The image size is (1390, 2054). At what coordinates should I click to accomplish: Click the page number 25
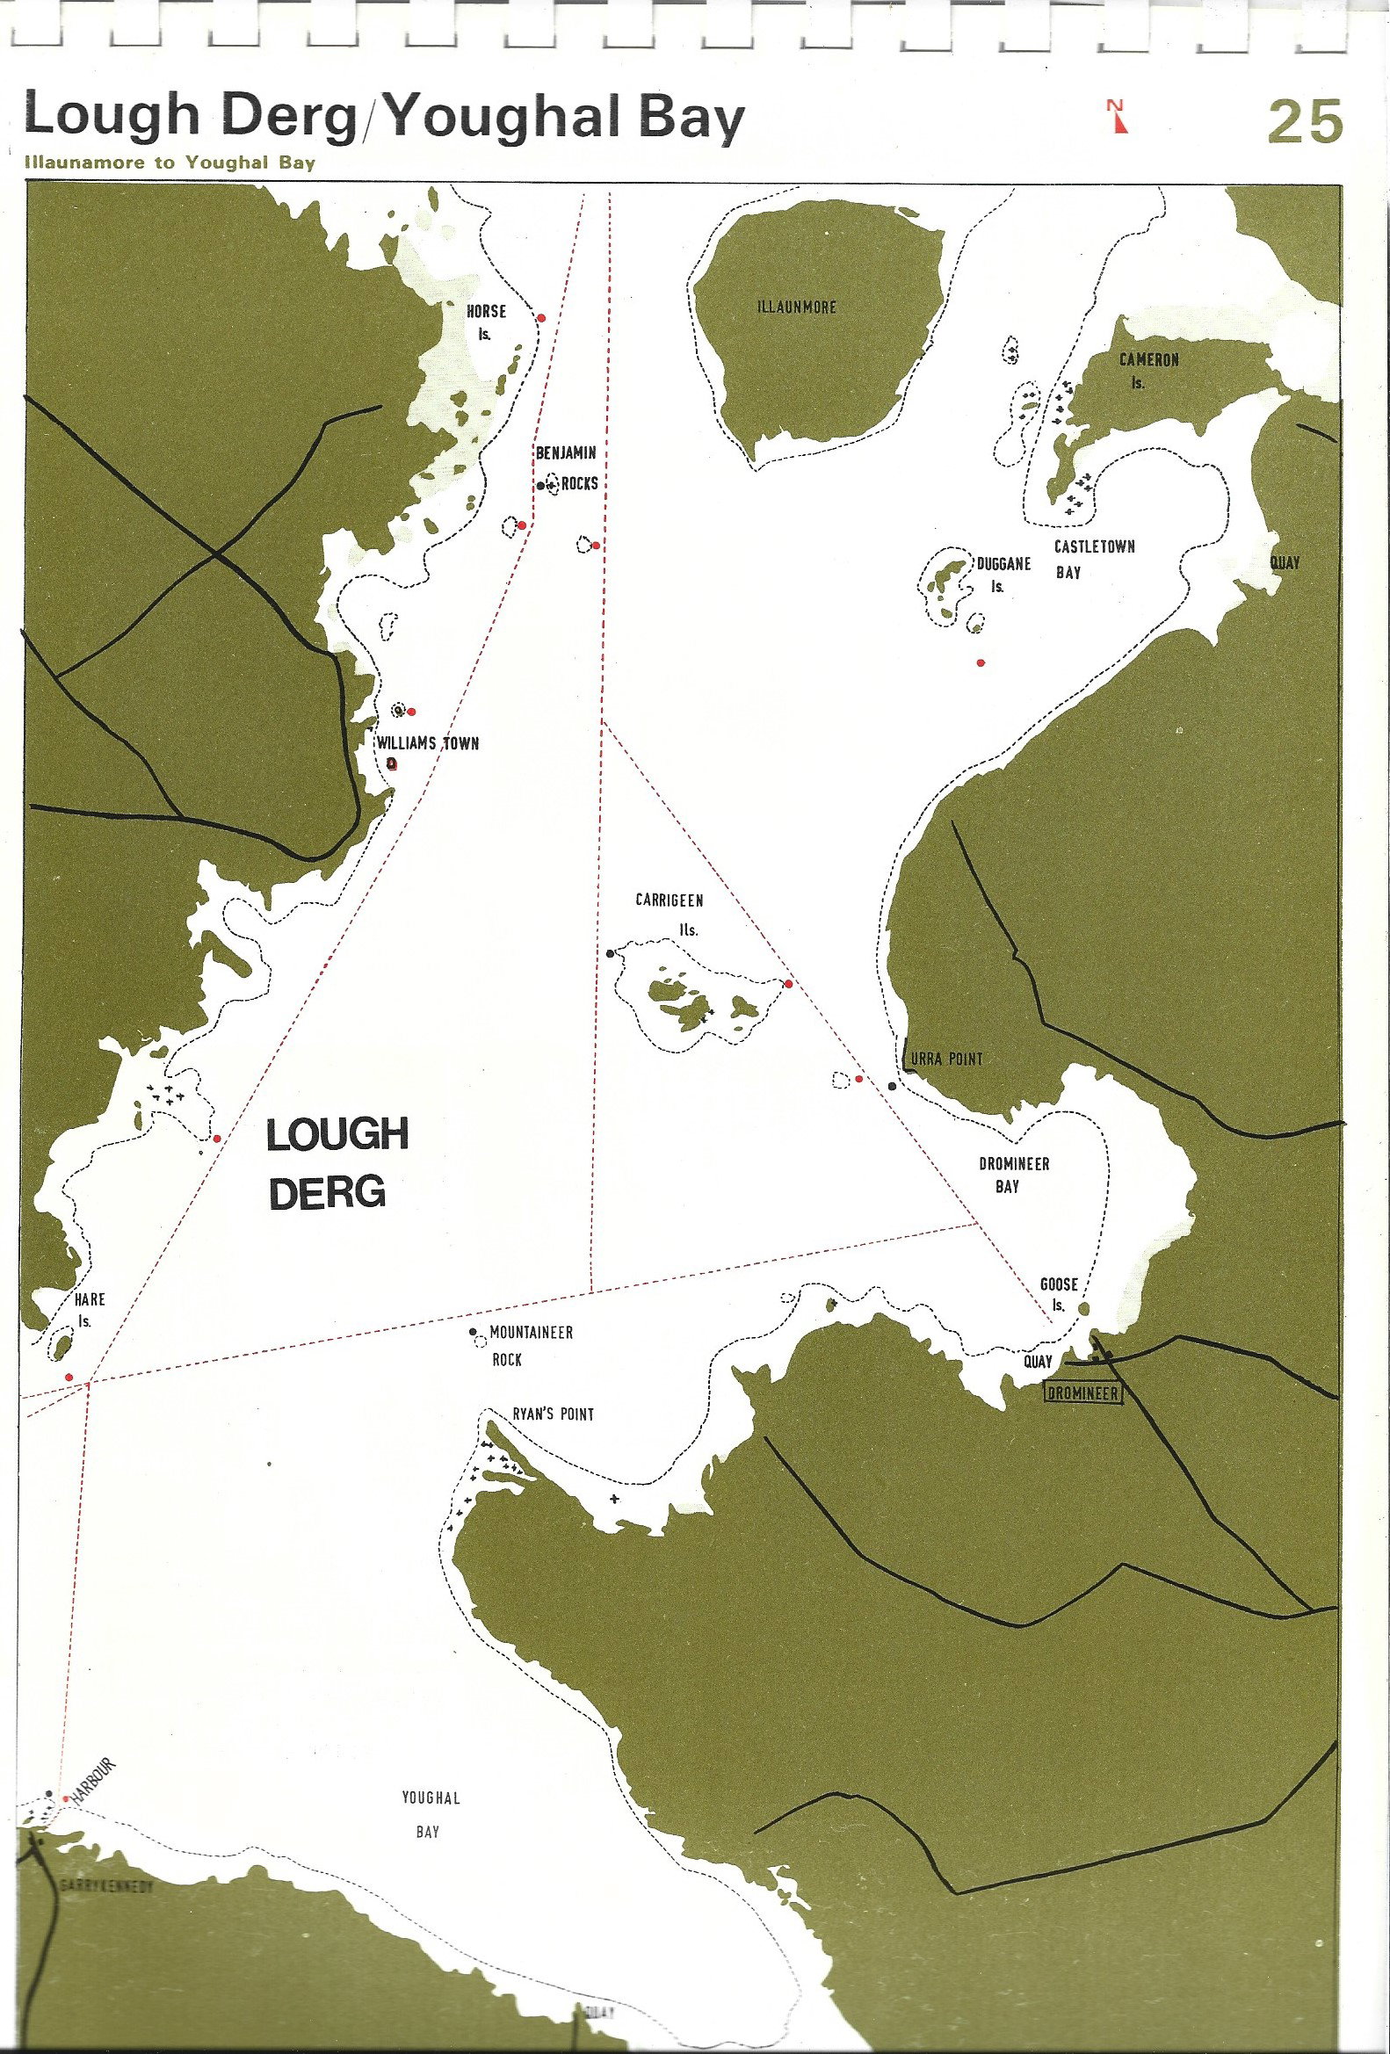[x=1304, y=122]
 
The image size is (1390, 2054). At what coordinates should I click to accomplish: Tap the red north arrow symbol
[x=1118, y=116]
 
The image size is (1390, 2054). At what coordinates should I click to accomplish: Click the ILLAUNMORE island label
[x=796, y=307]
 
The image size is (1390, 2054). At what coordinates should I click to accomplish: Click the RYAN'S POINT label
[x=554, y=1414]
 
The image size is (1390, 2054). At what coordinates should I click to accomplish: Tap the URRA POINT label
[x=945, y=1059]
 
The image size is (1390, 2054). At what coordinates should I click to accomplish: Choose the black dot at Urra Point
[x=893, y=1085]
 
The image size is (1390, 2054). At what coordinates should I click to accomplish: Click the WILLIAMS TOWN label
[x=428, y=743]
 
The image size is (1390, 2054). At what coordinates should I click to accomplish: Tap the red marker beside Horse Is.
[x=542, y=317]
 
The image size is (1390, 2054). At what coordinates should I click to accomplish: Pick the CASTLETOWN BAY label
[x=1092, y=559]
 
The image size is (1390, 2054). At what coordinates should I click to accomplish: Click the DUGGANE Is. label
[x=1003, y=574]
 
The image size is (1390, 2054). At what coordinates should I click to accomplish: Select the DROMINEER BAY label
[x=1013, y=1175]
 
